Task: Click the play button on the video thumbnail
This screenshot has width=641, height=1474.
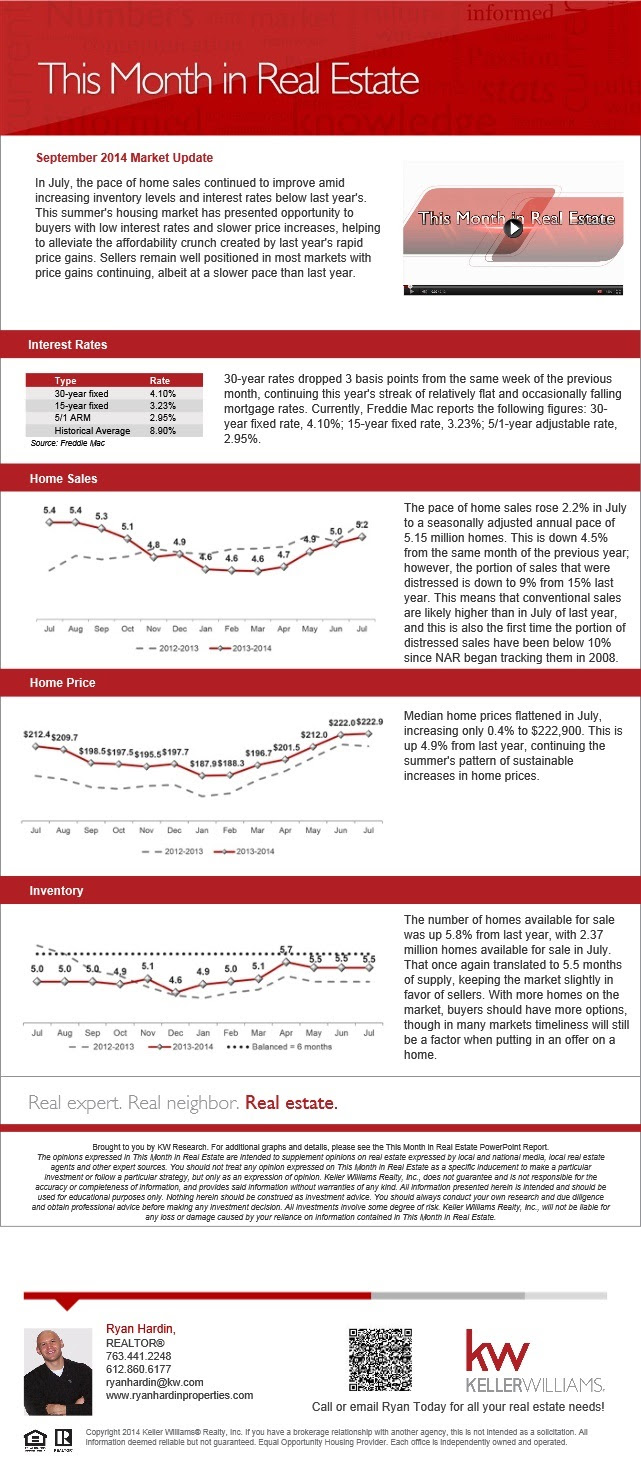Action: tap(513, 228)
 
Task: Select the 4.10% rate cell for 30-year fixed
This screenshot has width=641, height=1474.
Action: tap(163, 394)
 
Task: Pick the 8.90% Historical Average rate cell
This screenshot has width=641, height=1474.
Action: tap(163, 430)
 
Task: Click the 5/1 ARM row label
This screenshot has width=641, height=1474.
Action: tap(72, 418)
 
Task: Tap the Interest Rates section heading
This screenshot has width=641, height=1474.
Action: tap(67, 345)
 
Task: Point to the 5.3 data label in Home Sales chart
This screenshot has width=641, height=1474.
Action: tap(101, 516)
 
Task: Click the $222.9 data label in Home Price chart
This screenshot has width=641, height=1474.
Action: tap(370, 722)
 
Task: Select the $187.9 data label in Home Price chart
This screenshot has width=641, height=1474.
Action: tap(203, 763)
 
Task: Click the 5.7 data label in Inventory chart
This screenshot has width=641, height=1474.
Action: tap(286, 950)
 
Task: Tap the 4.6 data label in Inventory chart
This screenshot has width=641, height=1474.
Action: tap(175, 980)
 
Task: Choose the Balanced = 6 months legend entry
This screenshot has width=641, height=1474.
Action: tap(279, 1046)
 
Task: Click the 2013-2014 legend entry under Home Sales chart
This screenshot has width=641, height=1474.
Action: tap(240, 648)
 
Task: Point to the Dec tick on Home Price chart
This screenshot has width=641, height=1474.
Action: tap(174, 830)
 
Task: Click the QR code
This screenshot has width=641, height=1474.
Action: tap(380, 1359)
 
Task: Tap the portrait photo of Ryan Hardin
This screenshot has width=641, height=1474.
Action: tap(58, 1371)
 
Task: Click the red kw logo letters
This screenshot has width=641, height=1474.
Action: tap(496, 1350)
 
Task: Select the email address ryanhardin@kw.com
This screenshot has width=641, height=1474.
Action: tap(155, 1382)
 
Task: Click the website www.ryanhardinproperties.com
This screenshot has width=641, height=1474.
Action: tap(180, 1395)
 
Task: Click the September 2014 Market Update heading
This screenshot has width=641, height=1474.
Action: tap(124, 158)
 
